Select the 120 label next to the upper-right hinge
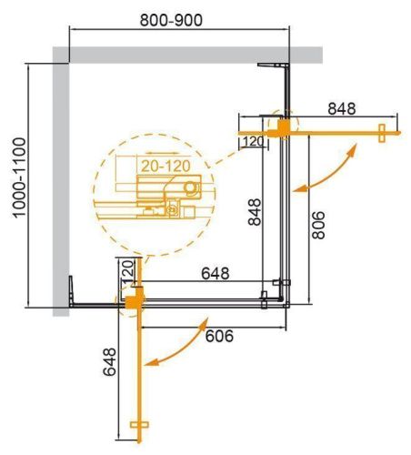(x=254, y=141)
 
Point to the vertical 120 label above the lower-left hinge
(x=128, y=270)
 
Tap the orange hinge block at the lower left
(x=133, y=298)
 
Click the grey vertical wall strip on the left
(x=60, y=182)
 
